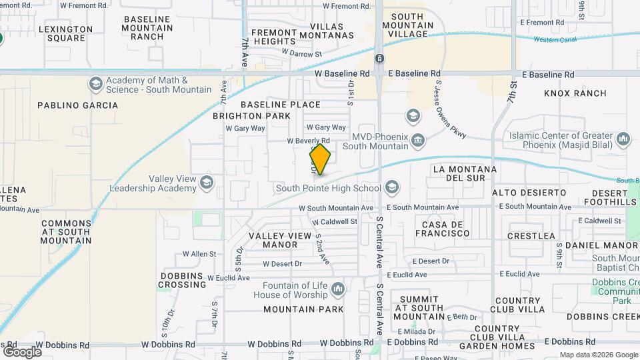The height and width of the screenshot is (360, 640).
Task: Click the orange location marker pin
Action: pyautogui.click(x=320, y=159)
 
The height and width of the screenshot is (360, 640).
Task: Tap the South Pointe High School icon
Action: pyautogui.click(x=391, y=187)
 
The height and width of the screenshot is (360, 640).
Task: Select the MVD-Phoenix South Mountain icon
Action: pyautogui.click(x=418, y=139)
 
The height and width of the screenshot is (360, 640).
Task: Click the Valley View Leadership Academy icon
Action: pyautogui.click(x=206, y=183)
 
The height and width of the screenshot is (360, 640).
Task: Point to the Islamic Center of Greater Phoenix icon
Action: pyautogui.click(x=623, y=139)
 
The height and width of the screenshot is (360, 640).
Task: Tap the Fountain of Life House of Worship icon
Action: pyautogui.click(x=338, y=289)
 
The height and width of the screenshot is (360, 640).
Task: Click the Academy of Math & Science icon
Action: pyautogui.click(x=96, y=85)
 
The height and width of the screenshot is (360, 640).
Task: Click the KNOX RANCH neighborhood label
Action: pyautogui.click(x=575, y=93)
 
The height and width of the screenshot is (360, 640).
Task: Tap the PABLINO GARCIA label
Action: pyautogui.click(x=78, y=105)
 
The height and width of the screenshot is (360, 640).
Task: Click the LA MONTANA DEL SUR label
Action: pyautogui.click(x=465, y=173)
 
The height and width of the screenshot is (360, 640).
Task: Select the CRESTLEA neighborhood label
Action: pyautogui.click(x=531, y=236)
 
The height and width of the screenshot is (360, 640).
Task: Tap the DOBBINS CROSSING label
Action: pyautogui.click(x=183, y=280)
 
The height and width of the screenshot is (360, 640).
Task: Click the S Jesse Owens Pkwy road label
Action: pyautogui.click(x=450, y=110)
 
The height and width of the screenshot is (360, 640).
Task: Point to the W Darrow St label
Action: pyautogui.click(x=301, y=52)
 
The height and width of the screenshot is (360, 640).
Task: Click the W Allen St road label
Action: pyautogui.click(x=199, y=254)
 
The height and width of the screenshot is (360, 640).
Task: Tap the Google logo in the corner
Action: pyautogui.click(x=22, y=351)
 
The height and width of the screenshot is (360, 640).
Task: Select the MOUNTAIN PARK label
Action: pyautogui.click(x=303, y=309)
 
